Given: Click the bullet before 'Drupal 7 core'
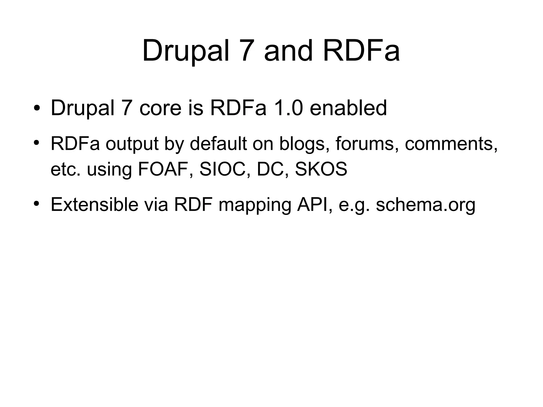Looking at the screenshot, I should [37, 108].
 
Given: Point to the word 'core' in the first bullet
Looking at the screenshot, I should [160, 108].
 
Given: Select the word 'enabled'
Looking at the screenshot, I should [348, 108].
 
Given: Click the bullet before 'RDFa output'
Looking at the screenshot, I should [37, 143].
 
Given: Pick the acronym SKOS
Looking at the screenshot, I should [321, 169].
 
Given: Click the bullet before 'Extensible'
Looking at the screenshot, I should [37, 204].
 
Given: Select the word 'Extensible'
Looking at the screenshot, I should [94, 204].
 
